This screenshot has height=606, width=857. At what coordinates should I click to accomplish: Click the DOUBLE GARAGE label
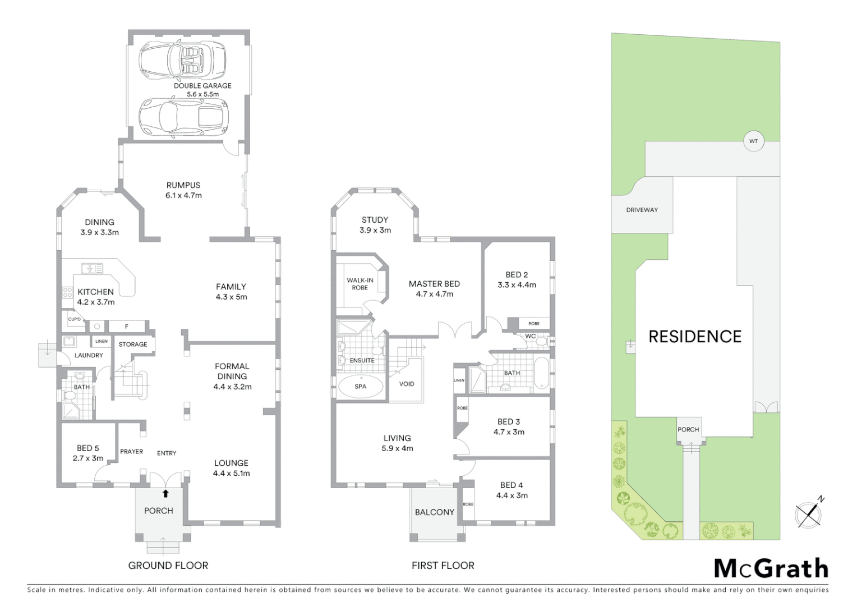click(x=202, y=86)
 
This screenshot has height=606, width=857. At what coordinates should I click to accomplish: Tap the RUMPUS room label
click(x=183, y=185)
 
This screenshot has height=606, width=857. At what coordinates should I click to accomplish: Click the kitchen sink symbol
click(x=92, y=269)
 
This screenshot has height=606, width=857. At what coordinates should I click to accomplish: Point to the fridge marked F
click(x=127, y=326)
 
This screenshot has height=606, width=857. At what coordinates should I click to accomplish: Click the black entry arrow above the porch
click(x=165, y=494)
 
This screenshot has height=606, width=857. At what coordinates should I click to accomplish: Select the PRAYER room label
click(x=131, y=452)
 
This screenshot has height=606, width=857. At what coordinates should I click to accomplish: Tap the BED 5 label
click(x=88, y=448)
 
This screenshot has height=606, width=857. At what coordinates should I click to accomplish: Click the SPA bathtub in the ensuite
click(x=361, y=387)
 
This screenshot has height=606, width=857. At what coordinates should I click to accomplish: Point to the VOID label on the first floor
click(x=407, y=384)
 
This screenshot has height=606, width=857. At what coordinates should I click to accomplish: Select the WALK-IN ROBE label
click(x=360, y=284)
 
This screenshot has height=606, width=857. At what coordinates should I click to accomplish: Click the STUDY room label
click(x=375, y=220)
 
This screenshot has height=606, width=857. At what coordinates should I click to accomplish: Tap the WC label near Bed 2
click(x=530, y=337)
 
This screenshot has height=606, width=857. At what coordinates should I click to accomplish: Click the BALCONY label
click(x=435, y=512)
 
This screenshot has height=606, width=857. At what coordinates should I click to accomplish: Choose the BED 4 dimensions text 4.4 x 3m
click(x=512, y=495)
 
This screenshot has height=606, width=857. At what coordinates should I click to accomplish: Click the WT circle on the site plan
click(x=753, y=141)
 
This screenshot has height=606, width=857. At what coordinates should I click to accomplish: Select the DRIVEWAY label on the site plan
click(x=642, y=210)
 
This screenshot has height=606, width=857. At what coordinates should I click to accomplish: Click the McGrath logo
click(x=771, y=568)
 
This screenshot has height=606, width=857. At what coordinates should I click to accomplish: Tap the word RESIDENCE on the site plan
click(x=695, y=337)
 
